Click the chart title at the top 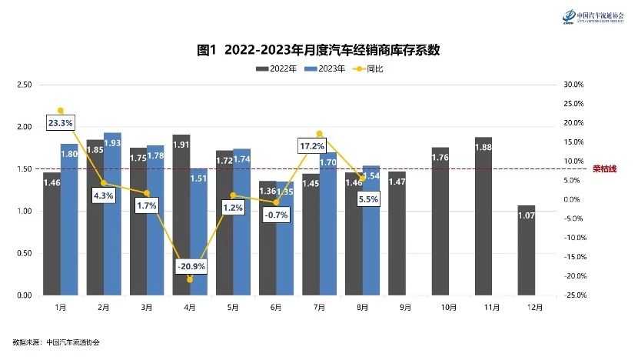coord(318,50)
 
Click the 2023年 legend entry coord(324,69)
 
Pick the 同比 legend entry coord(368,69)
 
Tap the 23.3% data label coord(60,122)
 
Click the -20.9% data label coord(190,266)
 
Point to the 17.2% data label coord(313,145)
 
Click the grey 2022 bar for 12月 coord(527,250)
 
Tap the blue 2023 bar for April coord(198,232)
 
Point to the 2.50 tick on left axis coord(24,85)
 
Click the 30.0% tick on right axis coord(575,85)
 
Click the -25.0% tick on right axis coord(575,295)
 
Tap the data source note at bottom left coord(56,342)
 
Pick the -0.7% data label coord(275,215)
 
